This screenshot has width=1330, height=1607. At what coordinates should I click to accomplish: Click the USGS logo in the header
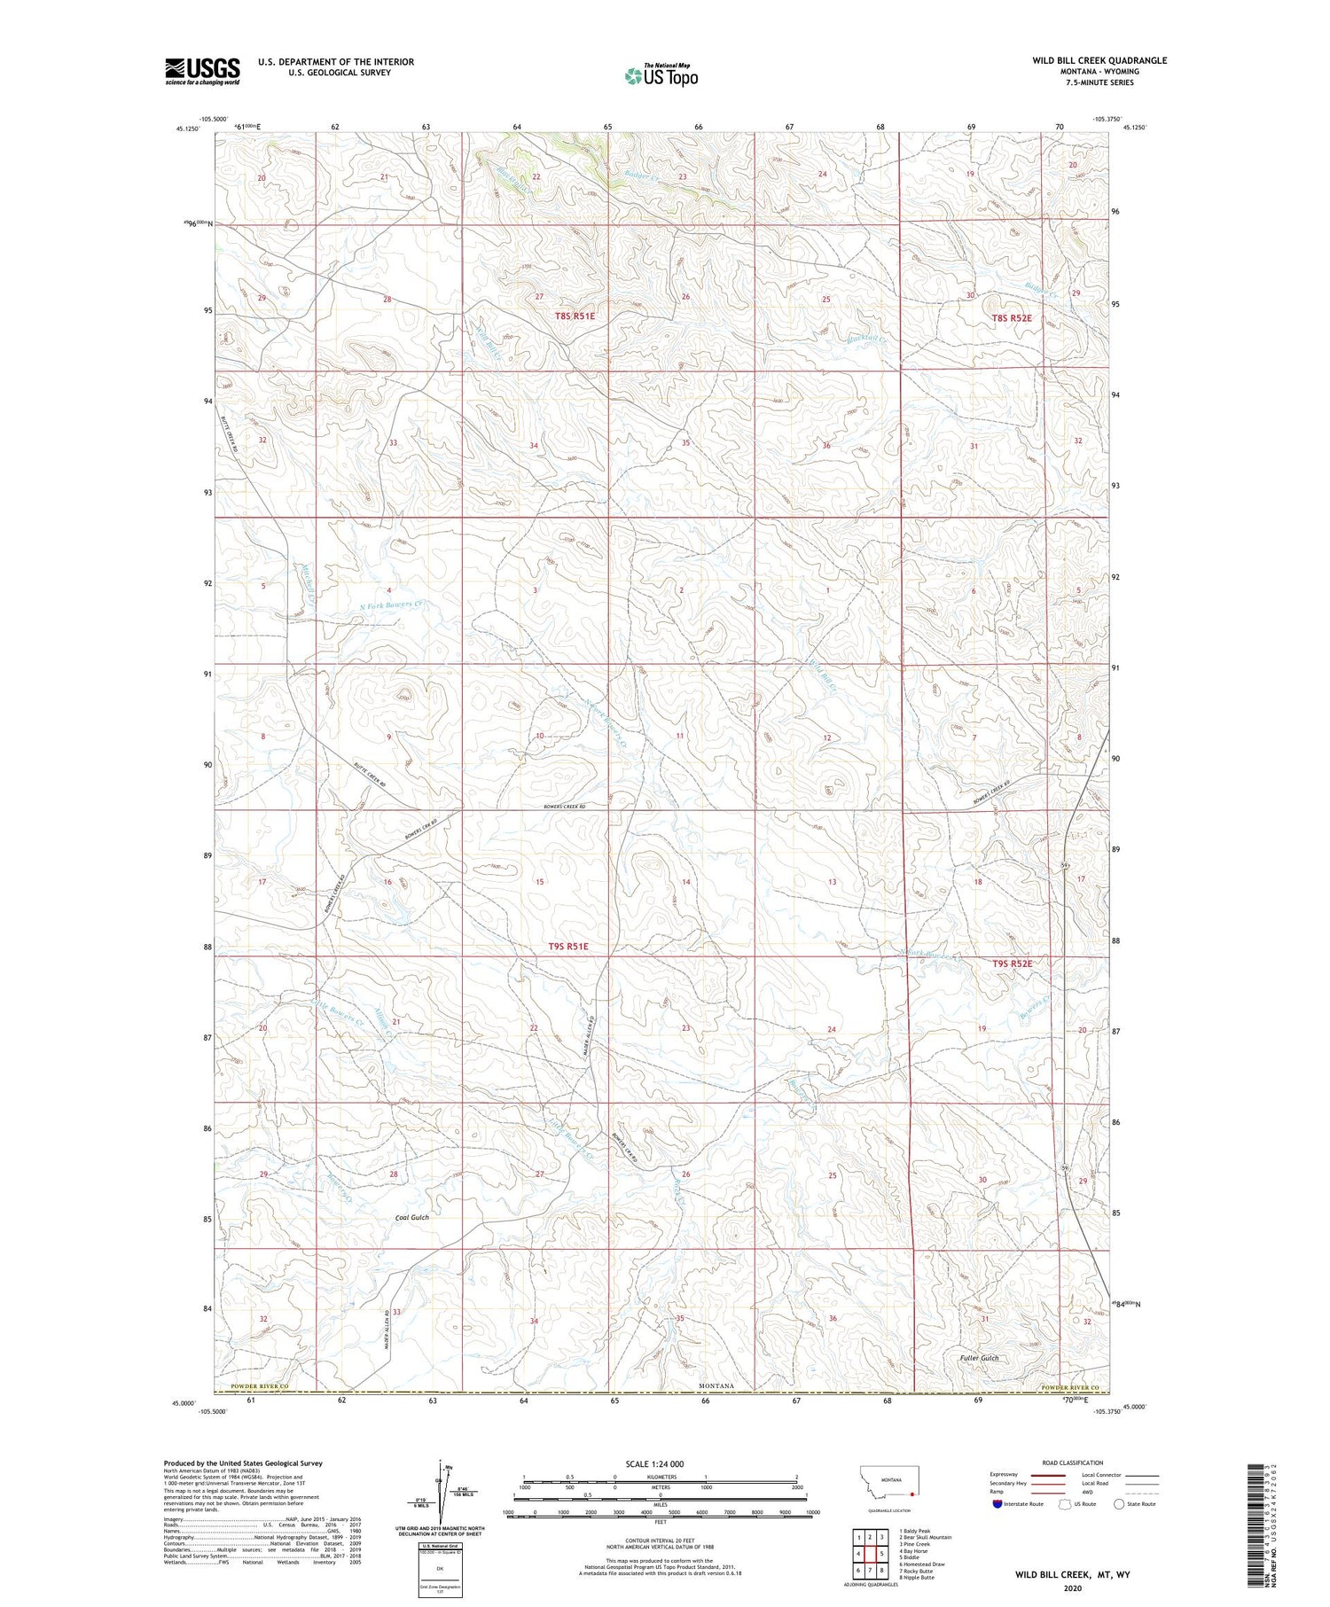202,71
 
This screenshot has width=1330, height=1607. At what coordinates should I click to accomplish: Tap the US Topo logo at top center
661,75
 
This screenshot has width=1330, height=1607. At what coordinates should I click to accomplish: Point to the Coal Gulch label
411,1218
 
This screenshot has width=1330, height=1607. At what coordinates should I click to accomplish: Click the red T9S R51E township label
568,947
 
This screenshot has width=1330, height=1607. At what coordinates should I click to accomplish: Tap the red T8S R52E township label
1012,317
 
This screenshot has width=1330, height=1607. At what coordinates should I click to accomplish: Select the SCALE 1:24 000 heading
660,1463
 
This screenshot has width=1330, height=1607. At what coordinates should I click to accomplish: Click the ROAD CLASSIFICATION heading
1073,1463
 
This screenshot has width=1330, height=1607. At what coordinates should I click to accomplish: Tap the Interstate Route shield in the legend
997,1504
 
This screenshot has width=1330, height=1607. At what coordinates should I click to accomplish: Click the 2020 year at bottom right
1072,1587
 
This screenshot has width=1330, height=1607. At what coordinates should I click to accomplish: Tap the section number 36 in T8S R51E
826,446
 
